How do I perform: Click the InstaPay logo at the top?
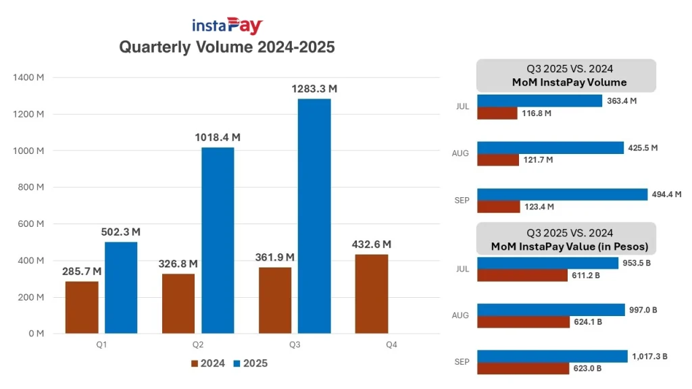227,26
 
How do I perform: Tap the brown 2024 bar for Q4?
372,294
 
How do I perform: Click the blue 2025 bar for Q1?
121,288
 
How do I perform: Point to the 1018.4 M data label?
218,138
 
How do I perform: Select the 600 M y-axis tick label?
30,224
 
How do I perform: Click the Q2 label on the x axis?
198,344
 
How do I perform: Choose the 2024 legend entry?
208,363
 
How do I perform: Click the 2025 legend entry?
249,363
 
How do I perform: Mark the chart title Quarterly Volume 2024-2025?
227,47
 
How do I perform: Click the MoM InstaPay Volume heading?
567,82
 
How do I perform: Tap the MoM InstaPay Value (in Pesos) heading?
567,246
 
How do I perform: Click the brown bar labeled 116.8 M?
497,113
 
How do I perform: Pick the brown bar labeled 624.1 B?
524,322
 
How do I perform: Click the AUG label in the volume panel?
460,153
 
